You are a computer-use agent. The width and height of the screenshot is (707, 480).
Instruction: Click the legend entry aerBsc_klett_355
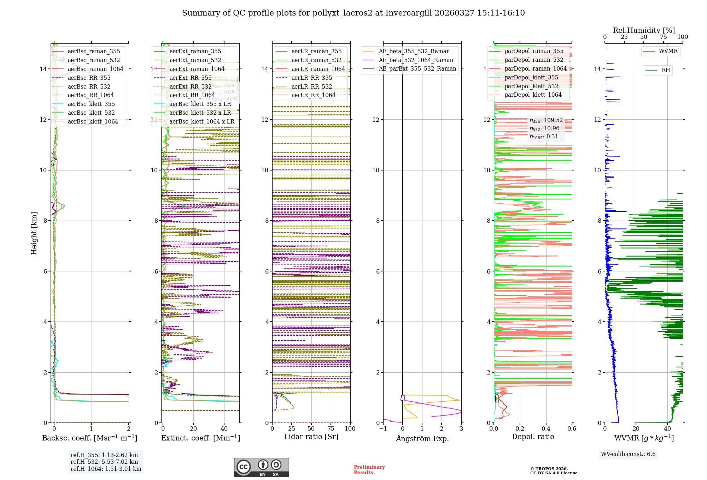pyautogui.click(x=91, y=104)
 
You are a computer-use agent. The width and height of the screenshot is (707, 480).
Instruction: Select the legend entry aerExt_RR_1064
pyautogui.click(x=192, y=95)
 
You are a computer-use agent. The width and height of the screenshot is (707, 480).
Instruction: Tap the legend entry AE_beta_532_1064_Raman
pyautogui.click(x=416, y=60)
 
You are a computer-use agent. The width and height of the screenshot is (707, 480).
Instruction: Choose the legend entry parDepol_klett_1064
pyautogui.click(x=533, y=95)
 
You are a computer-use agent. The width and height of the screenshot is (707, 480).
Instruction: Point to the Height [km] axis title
pyautogui.click(x=34, y=233)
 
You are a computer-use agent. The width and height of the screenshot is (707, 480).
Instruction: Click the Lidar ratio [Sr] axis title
pyautogui.click(x=311, y=437)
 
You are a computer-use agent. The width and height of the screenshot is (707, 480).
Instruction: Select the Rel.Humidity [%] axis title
pyautogui.click(x=644, y=30)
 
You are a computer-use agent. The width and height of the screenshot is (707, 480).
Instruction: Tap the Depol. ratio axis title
pyautogui.click(x=533, y=437)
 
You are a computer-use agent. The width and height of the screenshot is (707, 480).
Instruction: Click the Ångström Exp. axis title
pyautogui.click(x=422, y=438)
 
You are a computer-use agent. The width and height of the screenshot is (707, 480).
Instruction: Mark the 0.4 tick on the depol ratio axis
pyautogui.click(x=546, y=428)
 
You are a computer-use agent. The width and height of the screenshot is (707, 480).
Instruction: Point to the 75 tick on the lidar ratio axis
pyautogui.click(x=331, y=428)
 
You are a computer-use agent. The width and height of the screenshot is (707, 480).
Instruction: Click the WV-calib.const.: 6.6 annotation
pyautogui.click(x=628, y=454)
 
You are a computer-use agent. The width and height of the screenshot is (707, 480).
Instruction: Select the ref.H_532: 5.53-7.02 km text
pyautogui.click(x=104, y=462)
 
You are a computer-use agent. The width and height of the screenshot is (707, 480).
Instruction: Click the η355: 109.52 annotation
pyautogui.click(x=546, y=120)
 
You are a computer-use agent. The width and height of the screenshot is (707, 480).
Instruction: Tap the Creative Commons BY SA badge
pyautogui.click(x=261, y=467)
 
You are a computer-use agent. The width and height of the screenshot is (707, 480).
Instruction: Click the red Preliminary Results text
pyautogui.click(x=369, y=469)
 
